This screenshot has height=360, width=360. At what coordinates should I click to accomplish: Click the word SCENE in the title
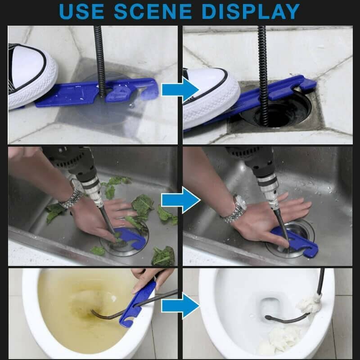click(160, 12)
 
